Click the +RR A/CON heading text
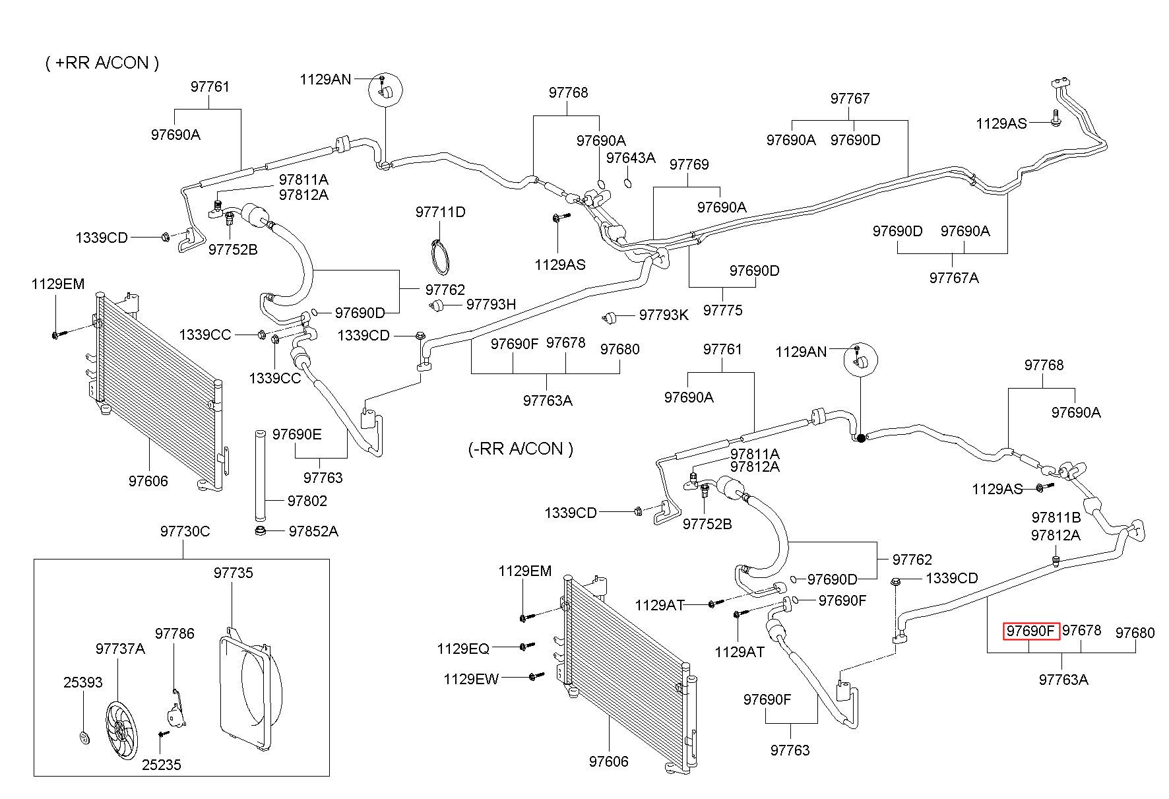coord(102,63)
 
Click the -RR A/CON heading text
coord(521,449)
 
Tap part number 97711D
coord(440,212)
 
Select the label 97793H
coord(491,304)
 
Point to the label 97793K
coord(664,315)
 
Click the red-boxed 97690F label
coord(1031,631)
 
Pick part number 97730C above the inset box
coord(185,531)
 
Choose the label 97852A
coord(313,531)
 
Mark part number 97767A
coord(954,278)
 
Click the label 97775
coord(722,310)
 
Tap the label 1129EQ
coord(463,649)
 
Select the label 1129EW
coord(471,678)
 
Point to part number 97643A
coord(631,158)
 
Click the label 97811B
coord(1056,517)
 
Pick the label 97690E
coord(297,434)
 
